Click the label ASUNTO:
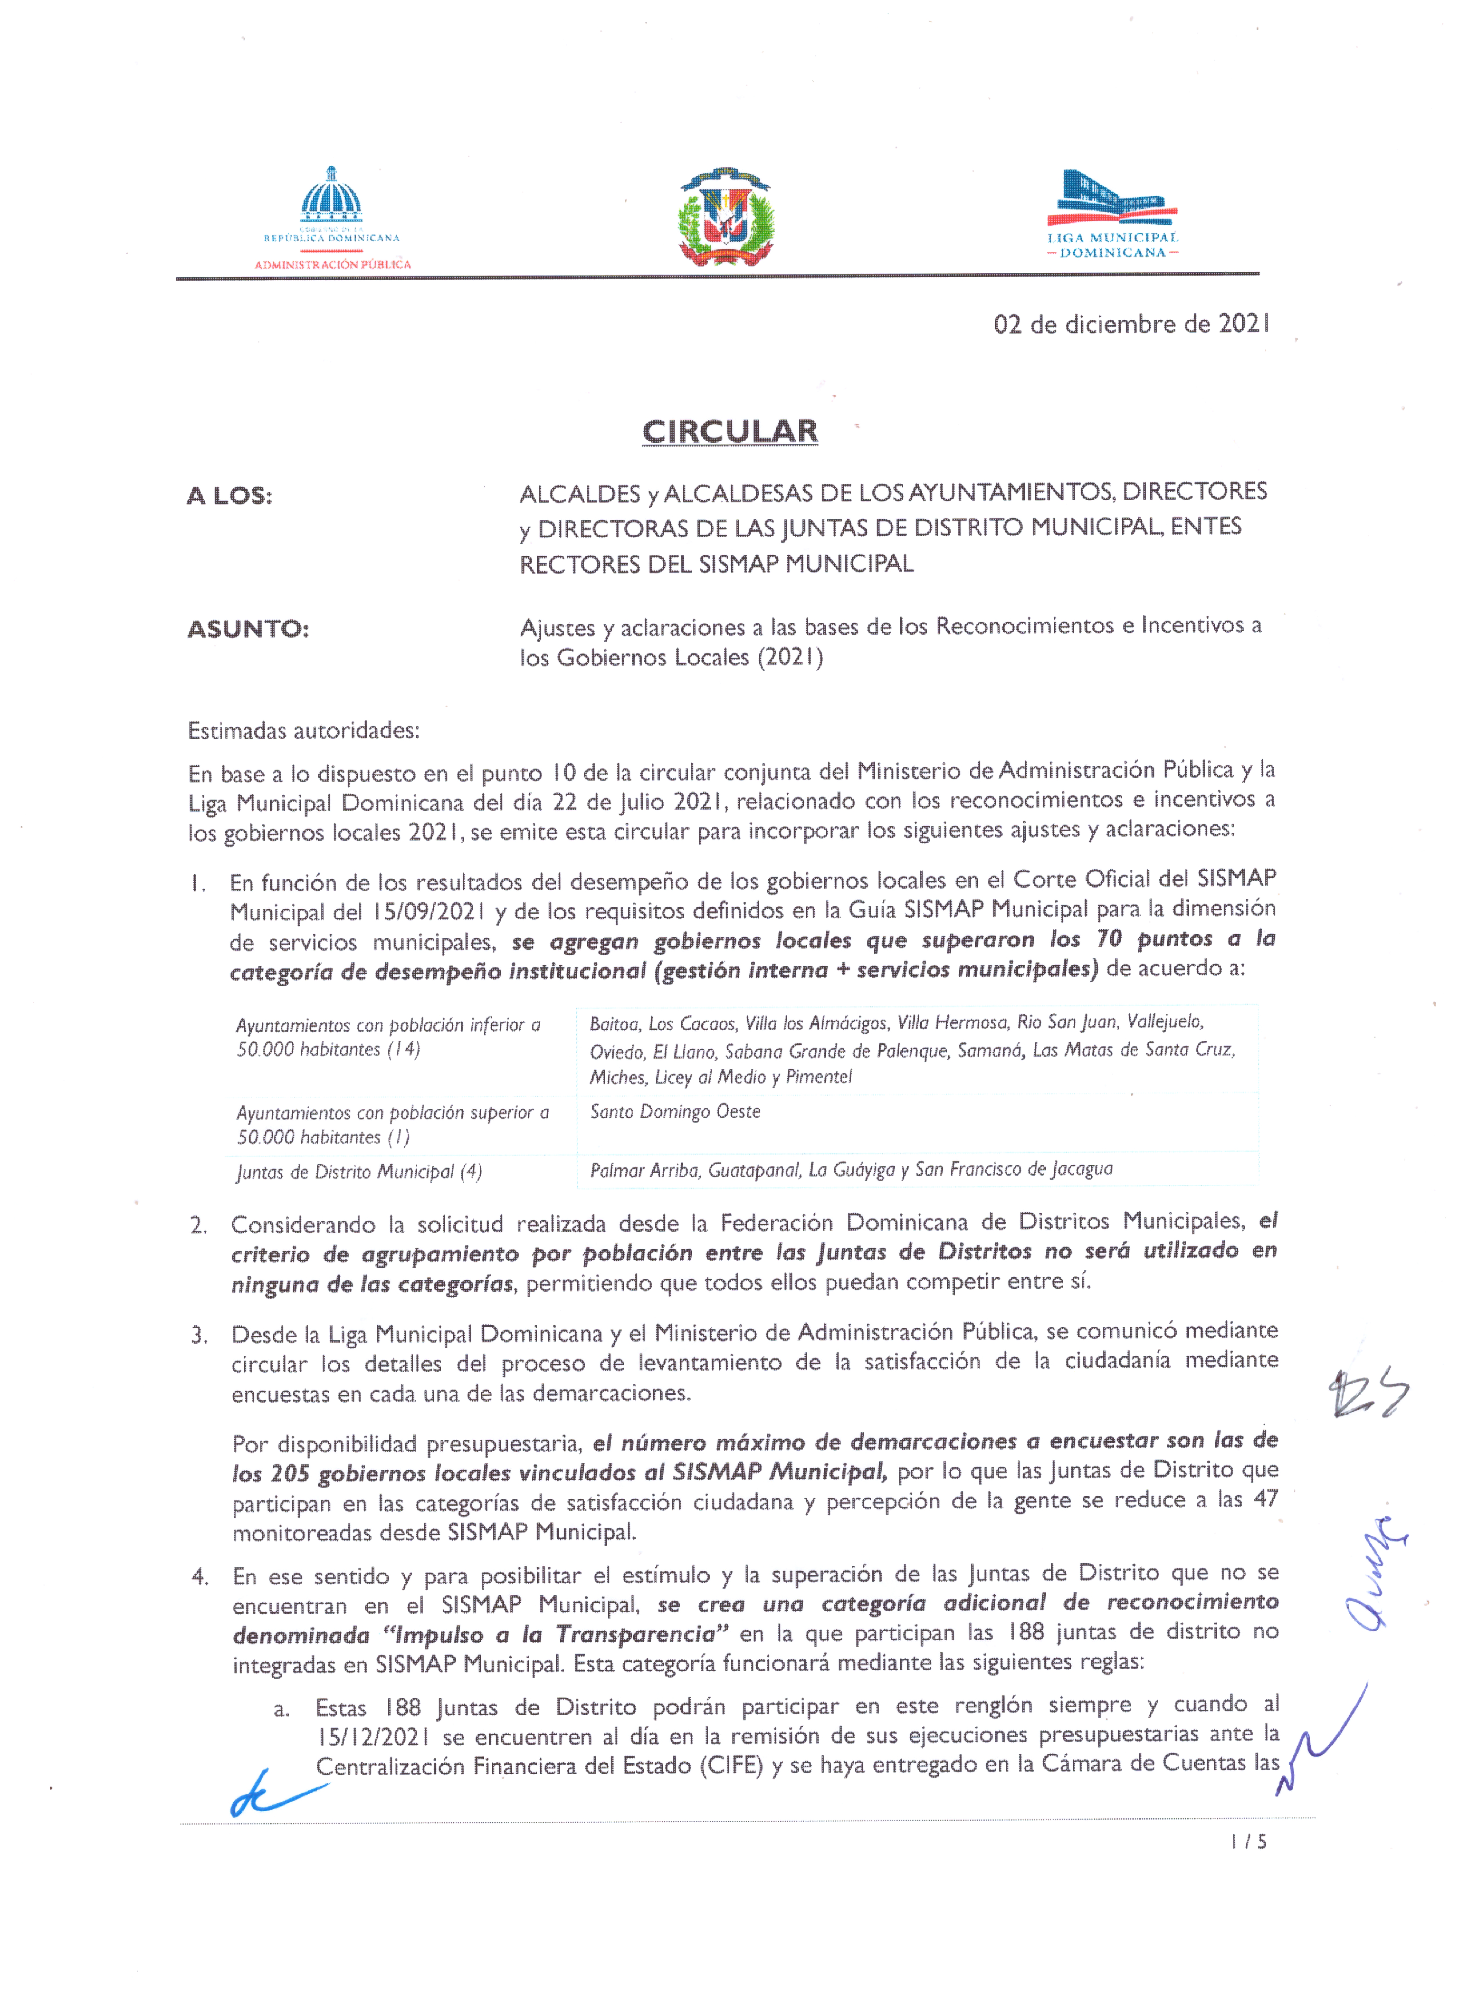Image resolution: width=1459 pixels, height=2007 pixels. pyautogui.click(x=248, y=629)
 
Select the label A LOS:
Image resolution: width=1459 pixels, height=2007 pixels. pyautogui.click(x=229, y=496)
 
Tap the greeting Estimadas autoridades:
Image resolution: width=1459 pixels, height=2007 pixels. pyautogui.click(x=303, y=731)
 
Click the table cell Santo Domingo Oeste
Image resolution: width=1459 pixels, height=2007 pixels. pyautogui.click(x=675, y=1111)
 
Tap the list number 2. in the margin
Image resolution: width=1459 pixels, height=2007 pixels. pyautogui.click(x=198, y=1226)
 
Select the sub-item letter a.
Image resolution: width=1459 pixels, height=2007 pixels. pyautogui.click(x=281, y=1709)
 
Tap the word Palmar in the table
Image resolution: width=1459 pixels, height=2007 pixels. pyautogui.click(x=617, y=1170)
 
